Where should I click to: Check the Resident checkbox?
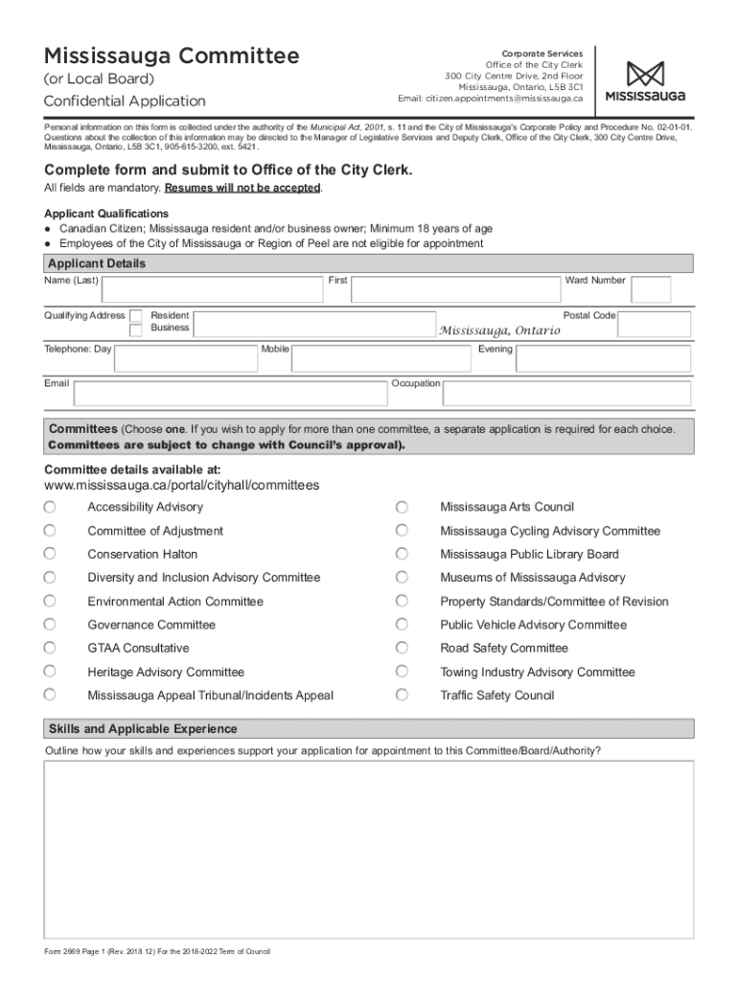point(136,315)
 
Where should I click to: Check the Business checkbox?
point(136,330)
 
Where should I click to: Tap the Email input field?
point(230,393)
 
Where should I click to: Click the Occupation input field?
point(565,393)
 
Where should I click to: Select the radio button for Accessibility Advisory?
point(50,507)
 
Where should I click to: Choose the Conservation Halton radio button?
point(50,554)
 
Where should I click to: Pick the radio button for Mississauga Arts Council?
point(403,507)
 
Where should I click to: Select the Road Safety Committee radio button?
point(403,648)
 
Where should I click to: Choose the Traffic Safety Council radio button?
point(403,695)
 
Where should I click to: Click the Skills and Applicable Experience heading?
point(143,729)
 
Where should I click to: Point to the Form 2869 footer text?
point(157,951)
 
